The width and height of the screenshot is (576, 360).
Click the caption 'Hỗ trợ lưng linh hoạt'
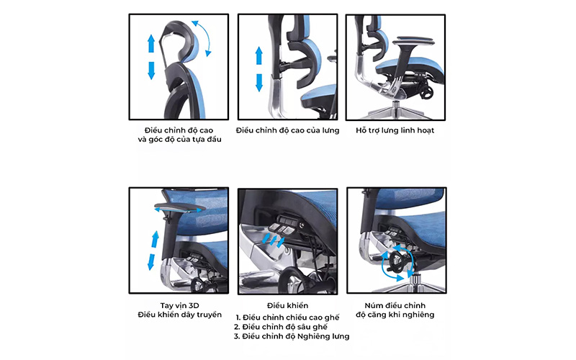tap(395, 130)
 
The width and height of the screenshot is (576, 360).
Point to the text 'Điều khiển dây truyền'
tap(179, 315)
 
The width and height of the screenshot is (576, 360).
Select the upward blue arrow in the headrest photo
tap(151, 42)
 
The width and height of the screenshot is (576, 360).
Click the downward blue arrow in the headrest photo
tap(151, 69)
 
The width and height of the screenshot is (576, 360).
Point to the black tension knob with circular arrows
tap(395, 262)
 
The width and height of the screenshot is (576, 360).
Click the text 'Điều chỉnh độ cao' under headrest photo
tap(179, 130)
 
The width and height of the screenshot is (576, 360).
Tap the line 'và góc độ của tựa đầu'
tap(179, 140)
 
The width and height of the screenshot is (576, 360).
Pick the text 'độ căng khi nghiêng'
tap(395, 315)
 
